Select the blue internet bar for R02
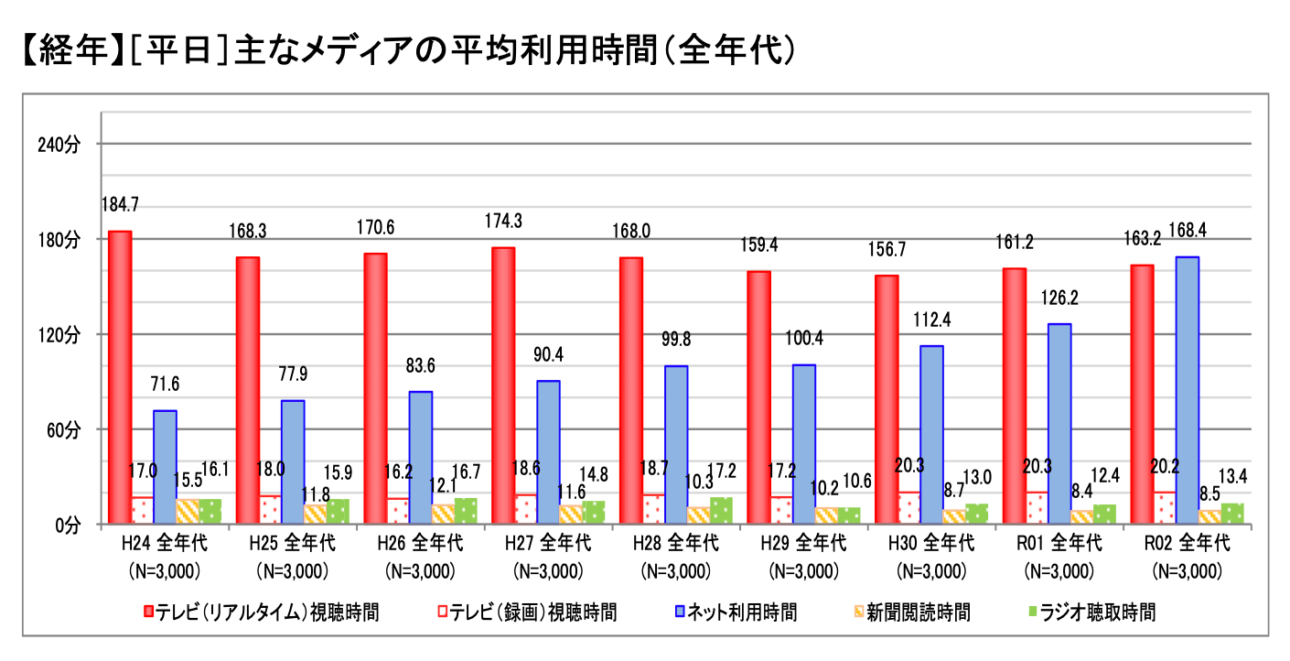[1187, 390]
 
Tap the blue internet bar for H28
[676, 445]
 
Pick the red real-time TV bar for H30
[887, 399]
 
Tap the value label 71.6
[165, 383]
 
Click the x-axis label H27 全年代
[548, 543]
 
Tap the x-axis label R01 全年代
[1059, 543]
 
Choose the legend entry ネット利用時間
[737, 612]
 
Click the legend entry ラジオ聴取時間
[1102, 612]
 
